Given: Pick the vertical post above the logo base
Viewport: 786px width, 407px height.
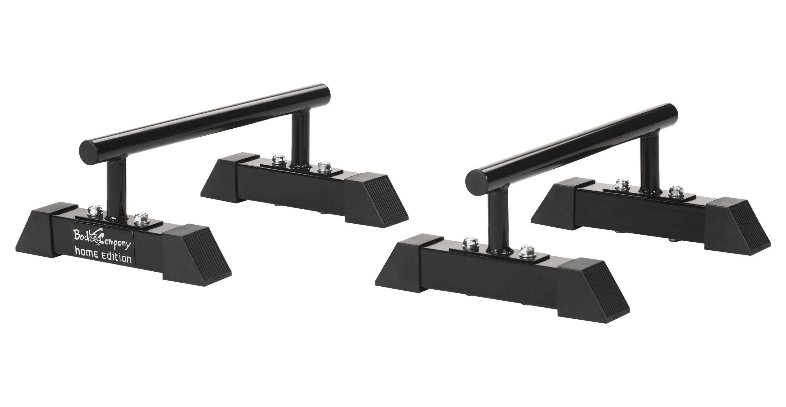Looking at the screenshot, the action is (116, 189).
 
